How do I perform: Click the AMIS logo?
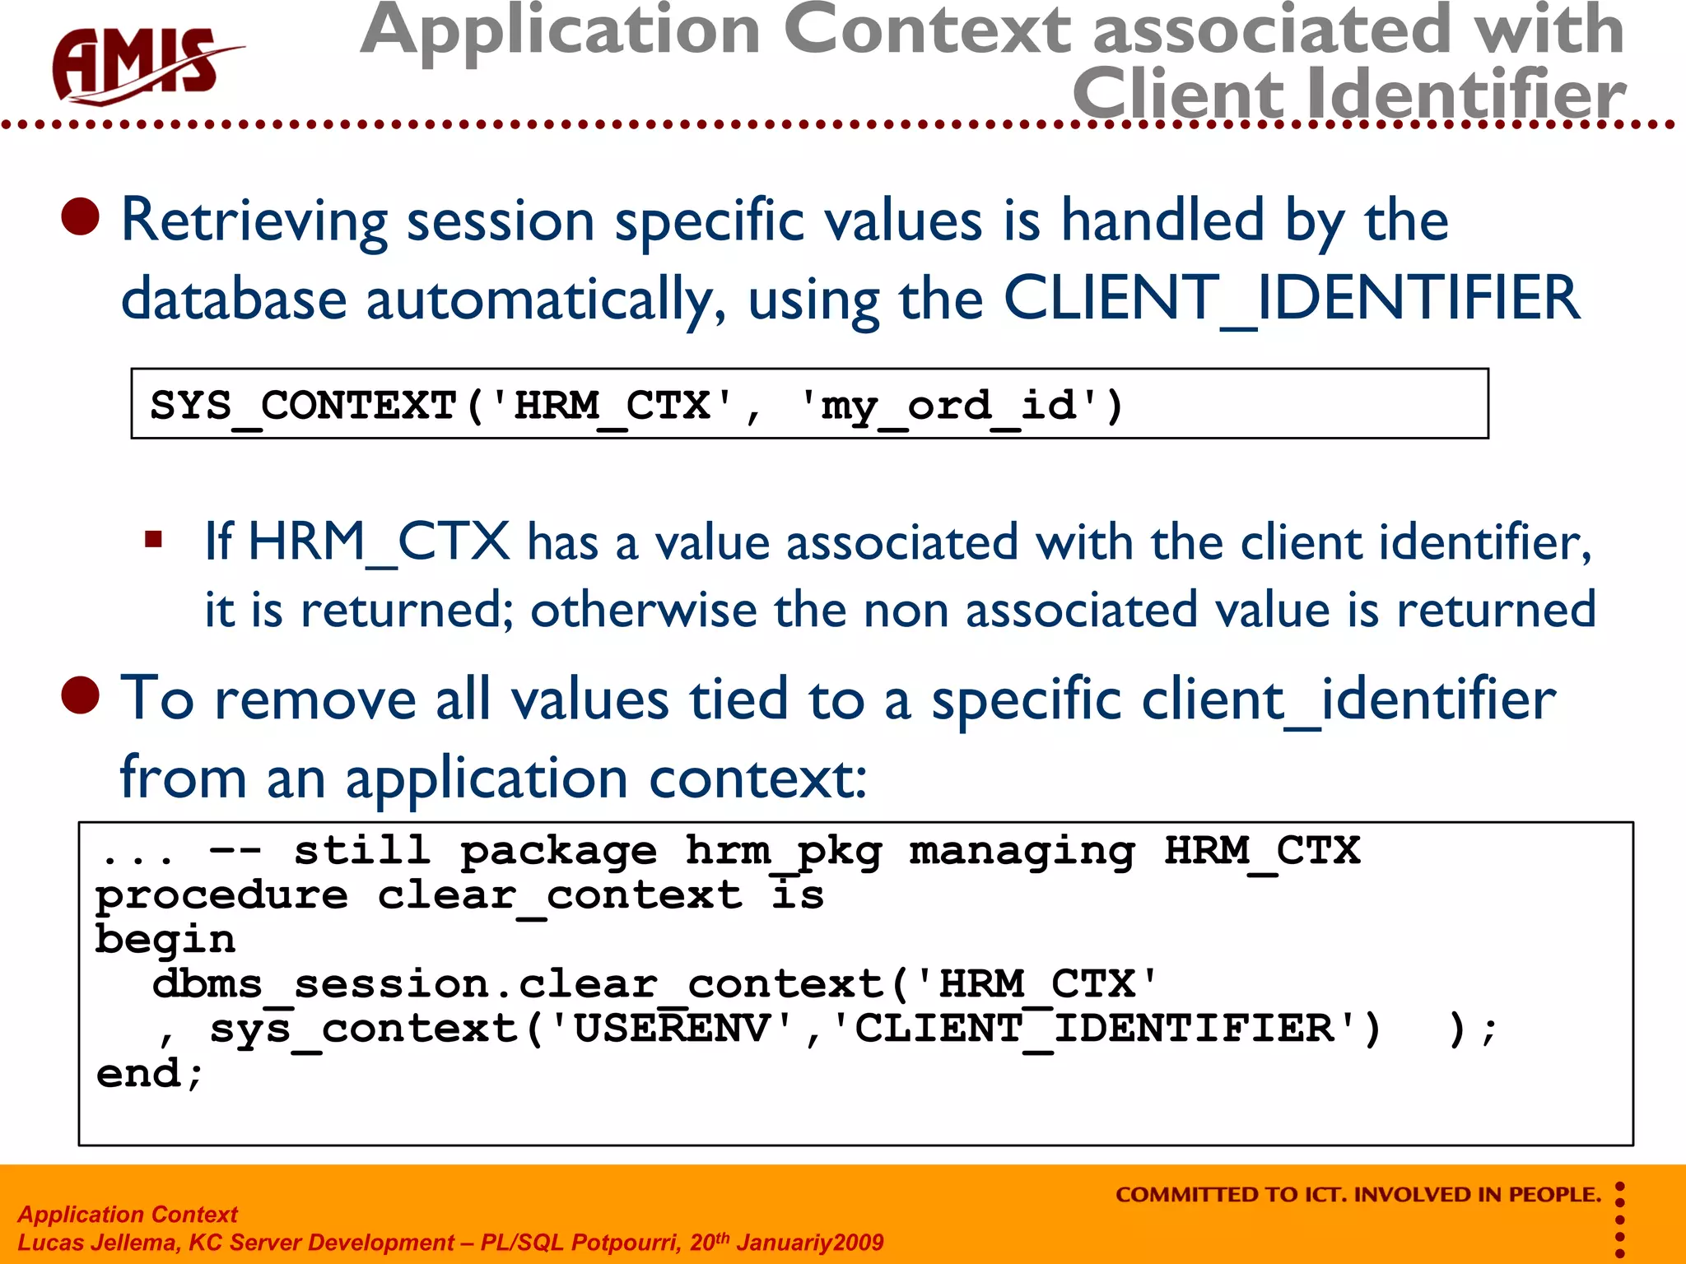(140, 66)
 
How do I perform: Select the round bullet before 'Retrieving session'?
(81, 217)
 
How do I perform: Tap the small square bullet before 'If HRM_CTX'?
(153, 540)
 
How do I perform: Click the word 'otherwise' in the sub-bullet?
(643, 610)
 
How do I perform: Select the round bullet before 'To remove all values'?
(81, 695)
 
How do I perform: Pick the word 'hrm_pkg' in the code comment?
(783, 852)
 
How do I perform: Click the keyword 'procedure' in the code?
(221, 896)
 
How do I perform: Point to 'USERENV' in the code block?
(671, 1029)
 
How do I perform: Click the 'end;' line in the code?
(149, 1074)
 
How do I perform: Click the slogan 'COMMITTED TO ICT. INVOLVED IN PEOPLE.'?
(1358, 1194)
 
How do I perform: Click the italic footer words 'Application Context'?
(128, 1214)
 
